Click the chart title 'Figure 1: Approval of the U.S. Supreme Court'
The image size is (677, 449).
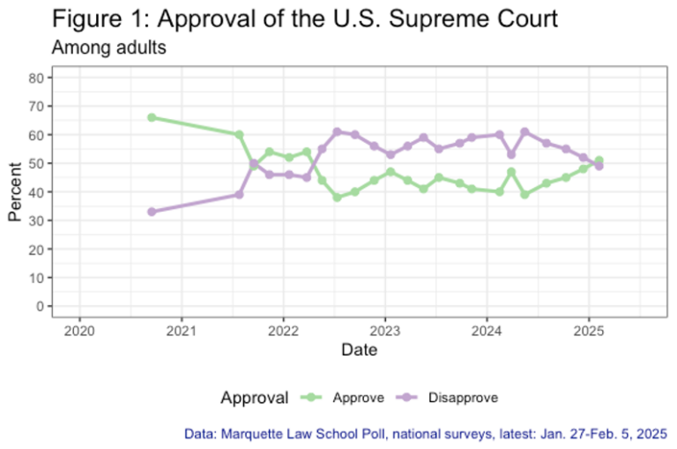click(304, 19)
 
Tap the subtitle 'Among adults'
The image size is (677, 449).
click(109, 48)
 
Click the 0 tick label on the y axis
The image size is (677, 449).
click(40, 306)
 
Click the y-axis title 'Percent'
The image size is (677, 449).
click(15, 191)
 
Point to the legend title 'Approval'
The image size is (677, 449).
click(255, 398)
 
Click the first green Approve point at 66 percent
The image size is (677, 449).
click(152, 117)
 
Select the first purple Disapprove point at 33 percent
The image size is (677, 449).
click(152, 212)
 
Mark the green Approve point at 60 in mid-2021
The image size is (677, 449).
click(239, 135)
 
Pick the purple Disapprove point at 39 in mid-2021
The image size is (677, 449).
click(239, 195)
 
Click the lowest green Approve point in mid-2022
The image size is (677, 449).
click(337, 198)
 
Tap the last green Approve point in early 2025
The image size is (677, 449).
click(599, 161)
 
